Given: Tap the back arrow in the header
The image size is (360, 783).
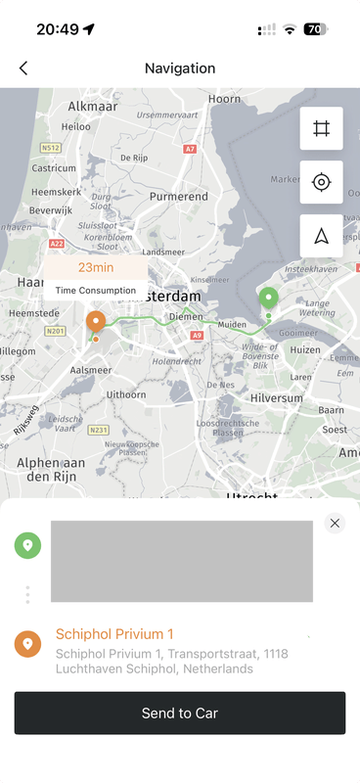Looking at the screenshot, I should click(x=23, y=69).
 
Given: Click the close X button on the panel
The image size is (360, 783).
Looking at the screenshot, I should click(x=335, y=523).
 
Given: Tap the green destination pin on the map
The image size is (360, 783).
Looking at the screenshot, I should click(x=268, y=299).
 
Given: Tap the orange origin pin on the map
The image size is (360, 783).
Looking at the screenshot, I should click(x=95, y=321).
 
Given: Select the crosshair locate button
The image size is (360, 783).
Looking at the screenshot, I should click(x=321, y=182).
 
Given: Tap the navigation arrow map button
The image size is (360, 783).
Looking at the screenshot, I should click(x=321, y=236).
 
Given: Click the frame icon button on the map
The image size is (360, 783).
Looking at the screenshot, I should click(x=321, y=128).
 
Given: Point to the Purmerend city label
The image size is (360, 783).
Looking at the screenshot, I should click(x=178, y=197).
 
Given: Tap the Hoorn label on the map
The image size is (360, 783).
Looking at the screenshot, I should click(x=224, y=99).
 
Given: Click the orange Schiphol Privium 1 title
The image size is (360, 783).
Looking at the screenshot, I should click(x=114, y=634).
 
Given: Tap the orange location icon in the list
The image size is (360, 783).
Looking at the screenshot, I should click(x=27, y=643).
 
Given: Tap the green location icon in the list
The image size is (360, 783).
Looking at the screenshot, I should click(x=27, y=545).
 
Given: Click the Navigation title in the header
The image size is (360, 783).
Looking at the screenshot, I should click(x=180, y=69).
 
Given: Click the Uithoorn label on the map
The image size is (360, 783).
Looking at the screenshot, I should click(x=125, y=393).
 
